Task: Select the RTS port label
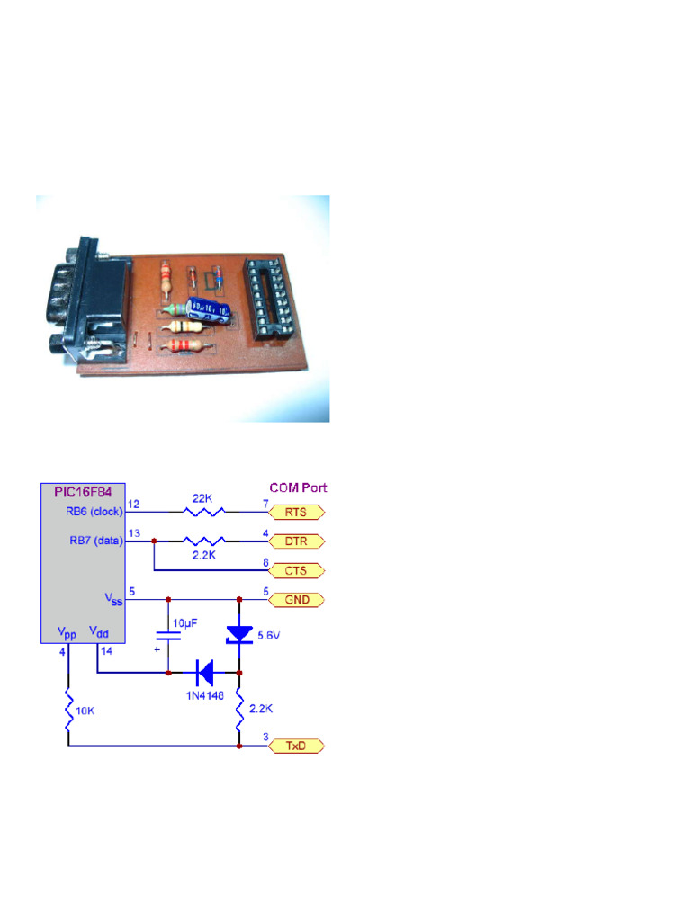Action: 296,513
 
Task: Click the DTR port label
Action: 296,542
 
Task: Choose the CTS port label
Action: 296,571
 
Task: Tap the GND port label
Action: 296,600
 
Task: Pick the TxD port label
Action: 296,747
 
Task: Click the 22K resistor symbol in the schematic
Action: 204,512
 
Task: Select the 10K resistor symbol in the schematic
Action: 68,711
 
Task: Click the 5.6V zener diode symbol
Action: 239,633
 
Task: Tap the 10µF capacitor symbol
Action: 168,635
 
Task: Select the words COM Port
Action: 298,487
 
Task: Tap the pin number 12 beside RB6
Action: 134,504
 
